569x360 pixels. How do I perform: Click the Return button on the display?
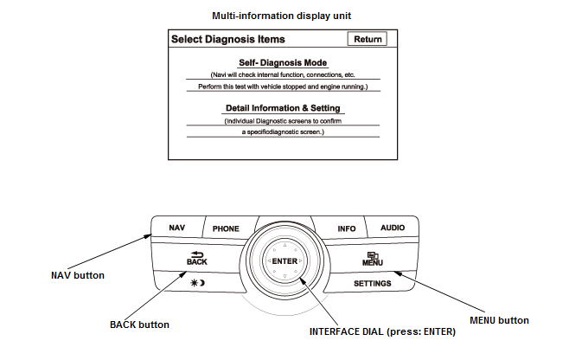click(x=367, y=39)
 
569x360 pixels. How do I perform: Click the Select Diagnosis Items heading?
click(x=228, y=39)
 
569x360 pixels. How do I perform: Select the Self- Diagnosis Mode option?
click(x=284, y=63)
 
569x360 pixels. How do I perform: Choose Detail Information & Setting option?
click(x=283, y=108)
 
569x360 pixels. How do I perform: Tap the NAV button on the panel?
click(x=177, y=228)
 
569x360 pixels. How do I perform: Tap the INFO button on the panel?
click(x=347, y=228)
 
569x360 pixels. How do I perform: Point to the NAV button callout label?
click(x=78, y=275)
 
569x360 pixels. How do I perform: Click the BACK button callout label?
click(x=139, y=325)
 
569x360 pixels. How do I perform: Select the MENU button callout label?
click(x=498, y=320)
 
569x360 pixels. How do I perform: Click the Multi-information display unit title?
click(x=275, y=16)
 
